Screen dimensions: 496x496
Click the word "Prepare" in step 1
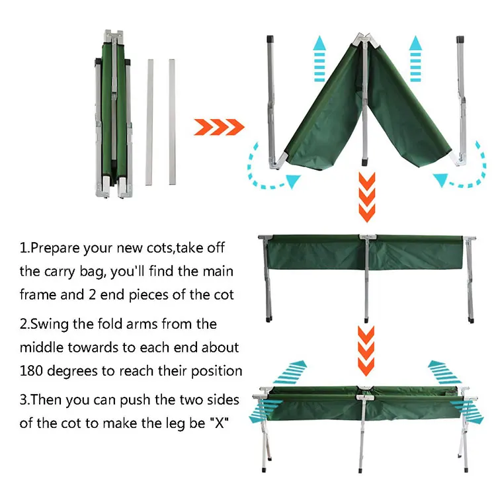pos(55,248)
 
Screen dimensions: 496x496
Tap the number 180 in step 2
pos(31,371)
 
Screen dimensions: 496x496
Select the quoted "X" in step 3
pos(219,423)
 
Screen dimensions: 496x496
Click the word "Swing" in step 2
pos(49,325)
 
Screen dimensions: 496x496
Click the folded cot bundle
pos(113,114)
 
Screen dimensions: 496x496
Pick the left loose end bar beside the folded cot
pos(149,122)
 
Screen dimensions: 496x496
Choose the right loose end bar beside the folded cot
pos(172,122)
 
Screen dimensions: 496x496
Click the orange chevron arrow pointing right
pos(219,127)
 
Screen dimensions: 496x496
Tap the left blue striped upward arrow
pos(319,59)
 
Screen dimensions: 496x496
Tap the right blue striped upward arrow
pos(415,59)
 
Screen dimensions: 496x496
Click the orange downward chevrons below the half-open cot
pos(367,197)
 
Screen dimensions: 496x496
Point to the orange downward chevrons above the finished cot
pos(366,351)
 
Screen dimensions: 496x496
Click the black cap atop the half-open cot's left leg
pos(270,39)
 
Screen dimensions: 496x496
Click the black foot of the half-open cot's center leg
pos(365,162)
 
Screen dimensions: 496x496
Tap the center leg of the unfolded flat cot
pos(366,280)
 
